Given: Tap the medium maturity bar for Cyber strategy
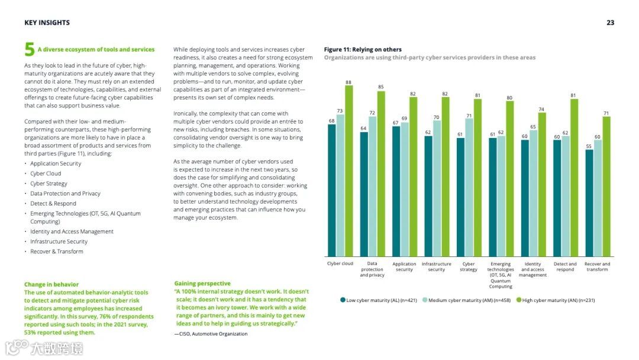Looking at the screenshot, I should (x=469, y=187).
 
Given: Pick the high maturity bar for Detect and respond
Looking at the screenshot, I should (x=574, y=177).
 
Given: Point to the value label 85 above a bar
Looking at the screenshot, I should (x=380, y=87).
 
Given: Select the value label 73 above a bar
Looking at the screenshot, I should (x=340, y=110).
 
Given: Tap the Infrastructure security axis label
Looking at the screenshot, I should (x=436, y=266).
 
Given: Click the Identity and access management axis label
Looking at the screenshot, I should (x=532, y=269).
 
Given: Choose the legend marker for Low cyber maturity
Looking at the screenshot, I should (x=343, y=300).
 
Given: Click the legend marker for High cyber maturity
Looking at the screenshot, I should (x=519, y=300).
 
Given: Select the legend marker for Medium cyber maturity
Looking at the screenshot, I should (x=424, y=300).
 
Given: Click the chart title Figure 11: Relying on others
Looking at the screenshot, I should (x=363, y=49).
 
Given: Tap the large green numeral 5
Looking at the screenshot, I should (x=29, y=49).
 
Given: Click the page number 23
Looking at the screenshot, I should (x=610, y=22).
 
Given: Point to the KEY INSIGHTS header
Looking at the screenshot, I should (x=47, y=22).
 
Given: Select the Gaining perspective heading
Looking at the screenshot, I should (x=202, y=284).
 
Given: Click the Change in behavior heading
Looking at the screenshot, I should (x=51, y=284).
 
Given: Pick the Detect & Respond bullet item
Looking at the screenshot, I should (x=53, y=204).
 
